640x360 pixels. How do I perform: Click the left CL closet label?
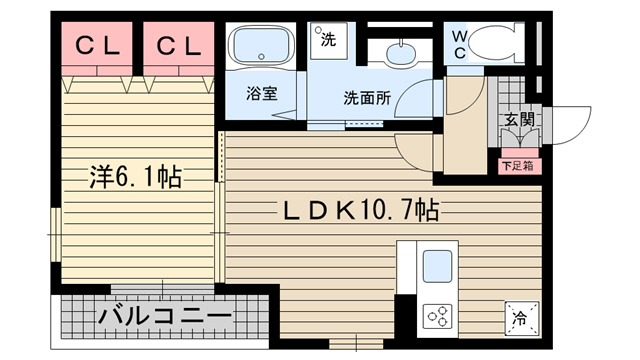(x=96, y=45)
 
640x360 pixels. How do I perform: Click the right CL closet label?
(x=178, y=45)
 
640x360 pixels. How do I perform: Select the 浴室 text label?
(x=262, y=96)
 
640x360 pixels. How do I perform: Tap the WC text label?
(x=459, y=43)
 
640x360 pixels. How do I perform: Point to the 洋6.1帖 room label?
(x=132, y=178)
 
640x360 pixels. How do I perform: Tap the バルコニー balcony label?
(x=165, y=317)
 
